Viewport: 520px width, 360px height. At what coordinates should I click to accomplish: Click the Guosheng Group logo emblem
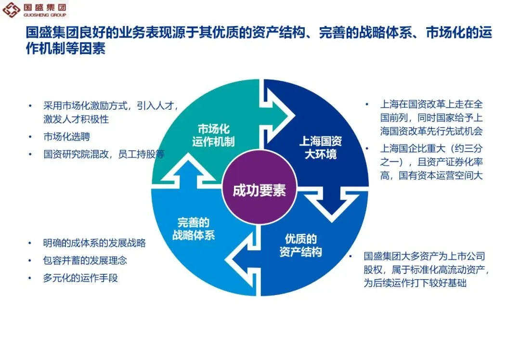click(x=11, y=9)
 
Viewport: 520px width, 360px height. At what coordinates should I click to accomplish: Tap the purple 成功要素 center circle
click(x=259, y=190)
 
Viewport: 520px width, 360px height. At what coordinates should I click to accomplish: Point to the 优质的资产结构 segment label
click(x=300, y=245)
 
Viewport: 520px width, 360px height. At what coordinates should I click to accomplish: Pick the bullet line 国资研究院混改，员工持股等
click(x=104, y=154)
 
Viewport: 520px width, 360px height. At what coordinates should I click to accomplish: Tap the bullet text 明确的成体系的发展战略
click(x=94, y=243)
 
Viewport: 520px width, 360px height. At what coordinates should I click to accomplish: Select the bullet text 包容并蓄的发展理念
click(x=85, y=260)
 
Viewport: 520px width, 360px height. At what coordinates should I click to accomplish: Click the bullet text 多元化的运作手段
click(x=80, y=278)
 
